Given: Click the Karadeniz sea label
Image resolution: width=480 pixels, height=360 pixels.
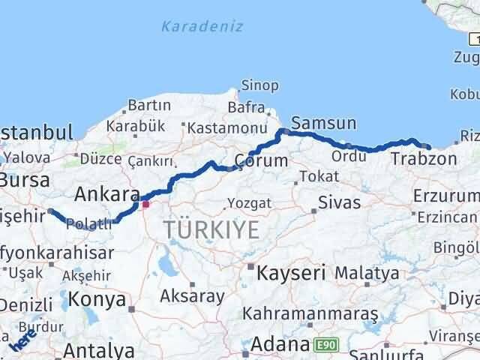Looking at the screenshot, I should pos(202,26).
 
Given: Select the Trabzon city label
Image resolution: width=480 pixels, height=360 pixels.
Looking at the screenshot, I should pos(423,159).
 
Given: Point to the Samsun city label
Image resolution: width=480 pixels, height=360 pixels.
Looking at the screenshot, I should pos(323,122).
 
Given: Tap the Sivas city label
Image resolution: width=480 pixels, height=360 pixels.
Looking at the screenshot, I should pos(339,202).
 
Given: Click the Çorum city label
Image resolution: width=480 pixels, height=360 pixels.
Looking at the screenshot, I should pos(260,160).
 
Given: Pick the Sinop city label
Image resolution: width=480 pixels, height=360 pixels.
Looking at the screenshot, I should pos(259,85).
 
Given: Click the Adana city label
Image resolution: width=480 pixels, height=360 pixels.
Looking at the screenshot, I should pos(280,345).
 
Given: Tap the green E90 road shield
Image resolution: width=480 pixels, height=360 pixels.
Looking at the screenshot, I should pos(325,345).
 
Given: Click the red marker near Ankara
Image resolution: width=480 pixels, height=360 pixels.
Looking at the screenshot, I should pos(145,203).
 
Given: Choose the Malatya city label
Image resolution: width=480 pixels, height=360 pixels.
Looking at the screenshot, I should pos(367,273).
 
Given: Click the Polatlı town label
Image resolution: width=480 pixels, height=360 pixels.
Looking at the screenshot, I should pos(89,223).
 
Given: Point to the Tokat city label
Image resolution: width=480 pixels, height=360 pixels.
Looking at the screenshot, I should pos(311,178).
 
